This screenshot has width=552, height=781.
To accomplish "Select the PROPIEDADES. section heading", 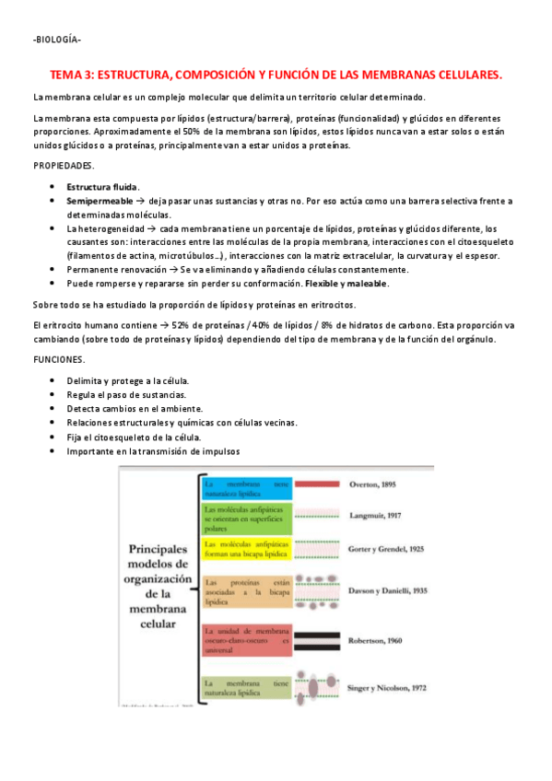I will pyautogui.click(x=64, y=165).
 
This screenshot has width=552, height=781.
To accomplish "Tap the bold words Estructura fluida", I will pyautogui.click(x=102, y=187).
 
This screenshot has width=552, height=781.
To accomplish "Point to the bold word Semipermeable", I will pyautogui.click(x=100, y=200).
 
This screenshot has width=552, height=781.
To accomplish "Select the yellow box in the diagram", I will pyautogui.click(x=247, y=550).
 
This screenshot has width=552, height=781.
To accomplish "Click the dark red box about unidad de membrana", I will pyautogui.click(x=247, y=638).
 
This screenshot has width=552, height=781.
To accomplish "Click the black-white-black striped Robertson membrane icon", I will pyautogui.click(x=315, y=636).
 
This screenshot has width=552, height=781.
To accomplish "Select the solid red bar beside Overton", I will pyautogui.click(x=315, y=484).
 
